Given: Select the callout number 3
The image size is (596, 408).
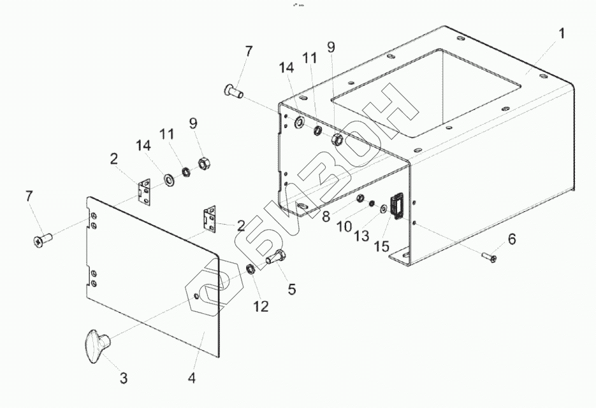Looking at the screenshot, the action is pyautogui.click(x=124, y=378).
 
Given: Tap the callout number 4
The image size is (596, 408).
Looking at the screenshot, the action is pyautogui.click(x=191, y=378).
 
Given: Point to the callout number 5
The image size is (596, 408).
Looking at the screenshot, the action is pyautogui.click(x=291, y=289).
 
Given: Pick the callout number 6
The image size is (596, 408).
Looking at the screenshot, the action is pyautogui.click(x=511, y=239).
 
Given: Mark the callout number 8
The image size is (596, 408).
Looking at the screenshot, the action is pyautogui.click(x=326, y=216).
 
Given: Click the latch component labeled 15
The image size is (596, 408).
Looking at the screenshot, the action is pyautogui.click(x=395, y=206).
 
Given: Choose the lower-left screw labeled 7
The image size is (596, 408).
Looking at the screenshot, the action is pyautogui.click(x=42, y=239).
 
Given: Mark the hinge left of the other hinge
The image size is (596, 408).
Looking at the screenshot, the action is pyautogui.click(x=145, y=191).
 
